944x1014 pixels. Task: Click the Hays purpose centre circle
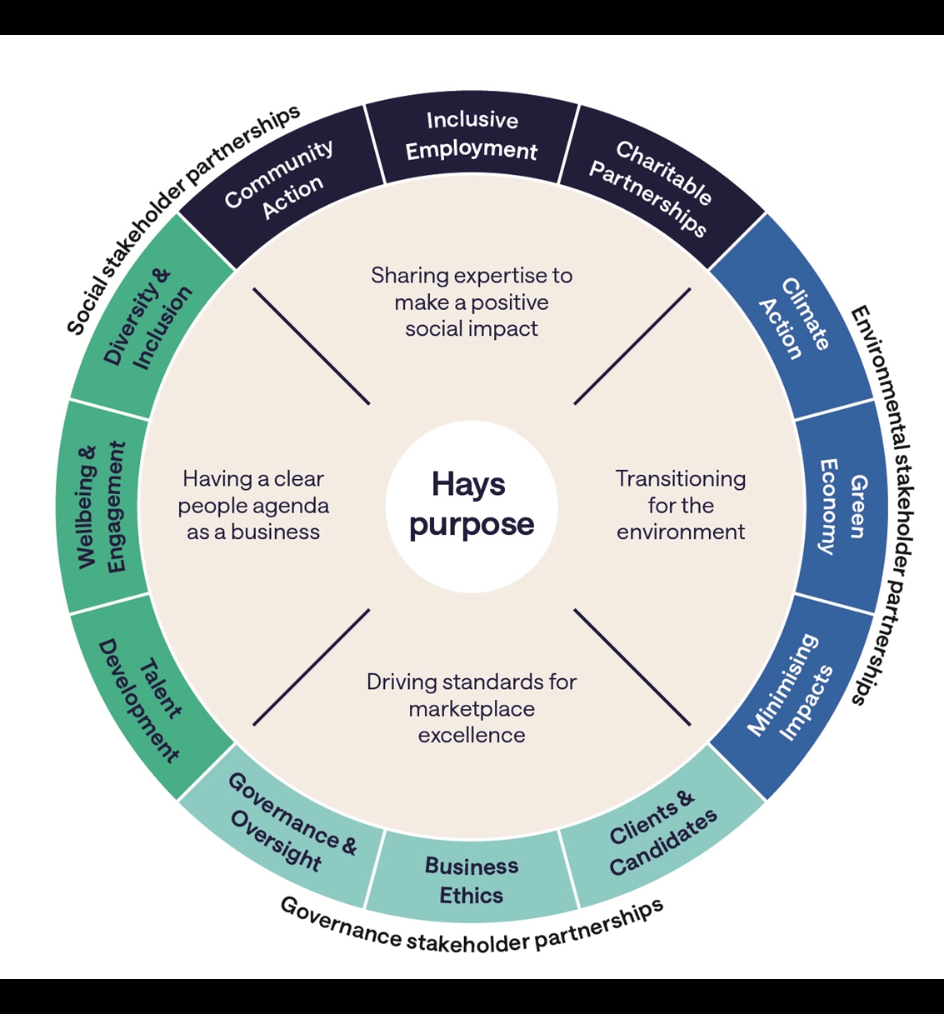[472, 506]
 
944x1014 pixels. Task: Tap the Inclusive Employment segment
[472, 136]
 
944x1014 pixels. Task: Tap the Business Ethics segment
[472, 880]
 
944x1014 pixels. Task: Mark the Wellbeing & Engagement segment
[102, 506]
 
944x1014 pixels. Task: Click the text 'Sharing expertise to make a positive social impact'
[472, 302]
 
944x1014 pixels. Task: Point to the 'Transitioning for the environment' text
[681, 505]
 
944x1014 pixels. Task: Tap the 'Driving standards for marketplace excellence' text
[472, 708]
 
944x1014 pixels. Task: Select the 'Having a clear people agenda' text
[253, 505]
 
